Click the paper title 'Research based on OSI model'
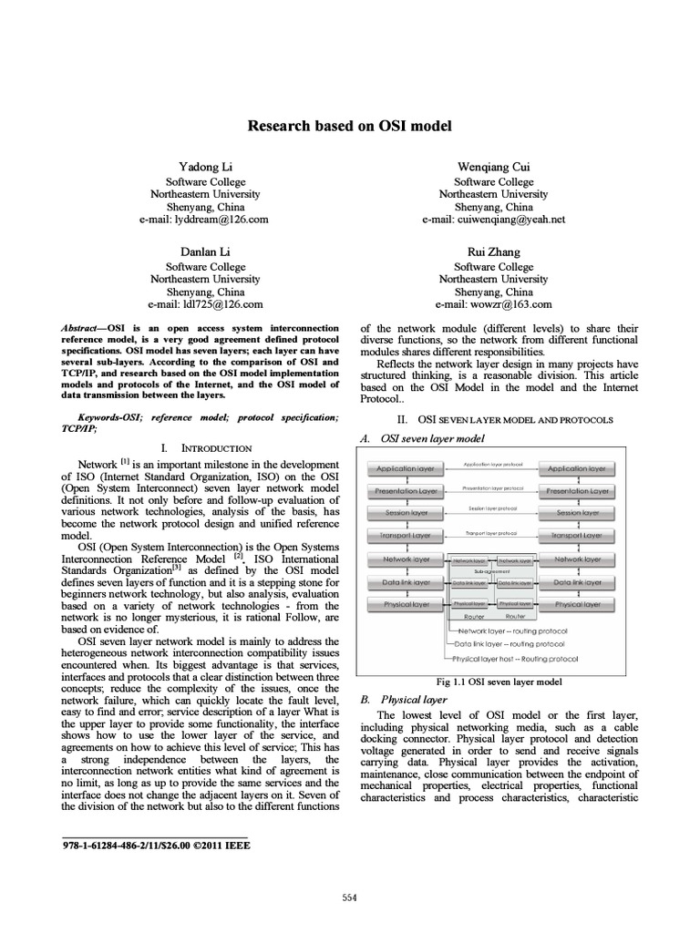[x=350, y=126]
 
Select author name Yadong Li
[x=205, y=167]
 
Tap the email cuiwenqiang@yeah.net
[x=494, y=220]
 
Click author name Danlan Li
[x=205, y=251]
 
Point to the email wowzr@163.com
[x=494, y=303]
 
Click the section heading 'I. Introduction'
[x=205, y=448]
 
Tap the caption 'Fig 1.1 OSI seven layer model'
[x=499, y=681]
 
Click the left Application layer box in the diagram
[x=405, y=468]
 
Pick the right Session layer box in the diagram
[x=579, y=513]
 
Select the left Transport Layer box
[x=405, y=536]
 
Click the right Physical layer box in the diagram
[x=579, y=603]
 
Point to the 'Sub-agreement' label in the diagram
[x=492, y=570]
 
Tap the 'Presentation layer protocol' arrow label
[x=492, y=487]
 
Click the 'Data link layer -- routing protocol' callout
[x=516, y=643]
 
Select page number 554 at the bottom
[x=350, y=897]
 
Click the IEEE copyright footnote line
[x=155, y=845]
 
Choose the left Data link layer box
[x=405, y=581]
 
